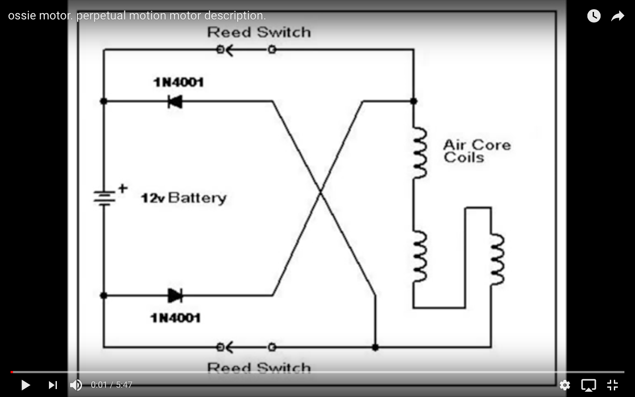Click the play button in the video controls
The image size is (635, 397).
(x=26, y=385)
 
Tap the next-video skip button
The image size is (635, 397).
(x=53, y=385)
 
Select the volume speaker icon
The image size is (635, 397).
(x=76, y=385)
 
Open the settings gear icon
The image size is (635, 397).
(x=565, y=385)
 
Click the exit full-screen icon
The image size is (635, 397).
(x=613, y=385)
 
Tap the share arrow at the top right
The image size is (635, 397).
(x=618, y=16)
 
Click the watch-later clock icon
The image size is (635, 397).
(x=594, y=15)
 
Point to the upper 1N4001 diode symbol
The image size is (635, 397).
(x=175, y=101)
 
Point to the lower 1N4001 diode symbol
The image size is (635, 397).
(x=175, y=296)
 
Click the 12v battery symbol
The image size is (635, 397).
(x=105, y=197)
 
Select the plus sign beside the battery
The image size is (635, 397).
(x=123, y=188)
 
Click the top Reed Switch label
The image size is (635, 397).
(x=259, y=32)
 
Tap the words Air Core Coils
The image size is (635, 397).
(x=477, y=151)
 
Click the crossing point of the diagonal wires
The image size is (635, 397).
(x=320, y=193)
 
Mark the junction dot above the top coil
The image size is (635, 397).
(x=414, y=101)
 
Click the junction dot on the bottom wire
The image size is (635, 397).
(x=375, y=347)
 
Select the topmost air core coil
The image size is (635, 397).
(x=419, y=153)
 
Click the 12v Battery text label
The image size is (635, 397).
(x=184, y=198)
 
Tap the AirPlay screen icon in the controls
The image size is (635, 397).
(x=589, y=385)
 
